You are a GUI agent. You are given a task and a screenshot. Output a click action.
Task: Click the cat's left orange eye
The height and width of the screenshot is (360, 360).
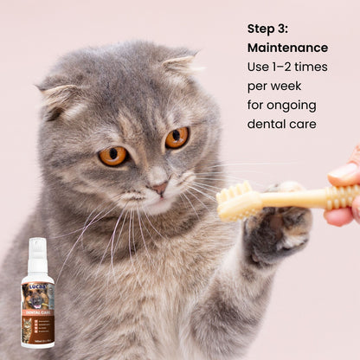(x=113, y=156)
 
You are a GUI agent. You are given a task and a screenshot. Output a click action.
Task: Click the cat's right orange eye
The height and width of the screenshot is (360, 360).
(x=177, y=138)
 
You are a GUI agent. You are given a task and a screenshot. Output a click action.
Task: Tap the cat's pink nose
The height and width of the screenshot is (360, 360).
(x=158, y=187)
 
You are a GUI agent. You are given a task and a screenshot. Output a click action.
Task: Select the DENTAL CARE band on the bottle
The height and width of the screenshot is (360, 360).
(x=37, y=311)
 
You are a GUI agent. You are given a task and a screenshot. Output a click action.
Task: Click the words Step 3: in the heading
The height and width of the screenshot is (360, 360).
(x=269, y=29)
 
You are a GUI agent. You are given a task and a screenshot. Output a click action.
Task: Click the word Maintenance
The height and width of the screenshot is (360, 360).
(x=287, y=48)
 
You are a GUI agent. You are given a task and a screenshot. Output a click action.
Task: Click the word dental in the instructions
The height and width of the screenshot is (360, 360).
(x=267, y=124)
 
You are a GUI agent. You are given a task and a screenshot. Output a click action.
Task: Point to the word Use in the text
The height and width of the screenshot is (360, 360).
(x=259, y=67)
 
